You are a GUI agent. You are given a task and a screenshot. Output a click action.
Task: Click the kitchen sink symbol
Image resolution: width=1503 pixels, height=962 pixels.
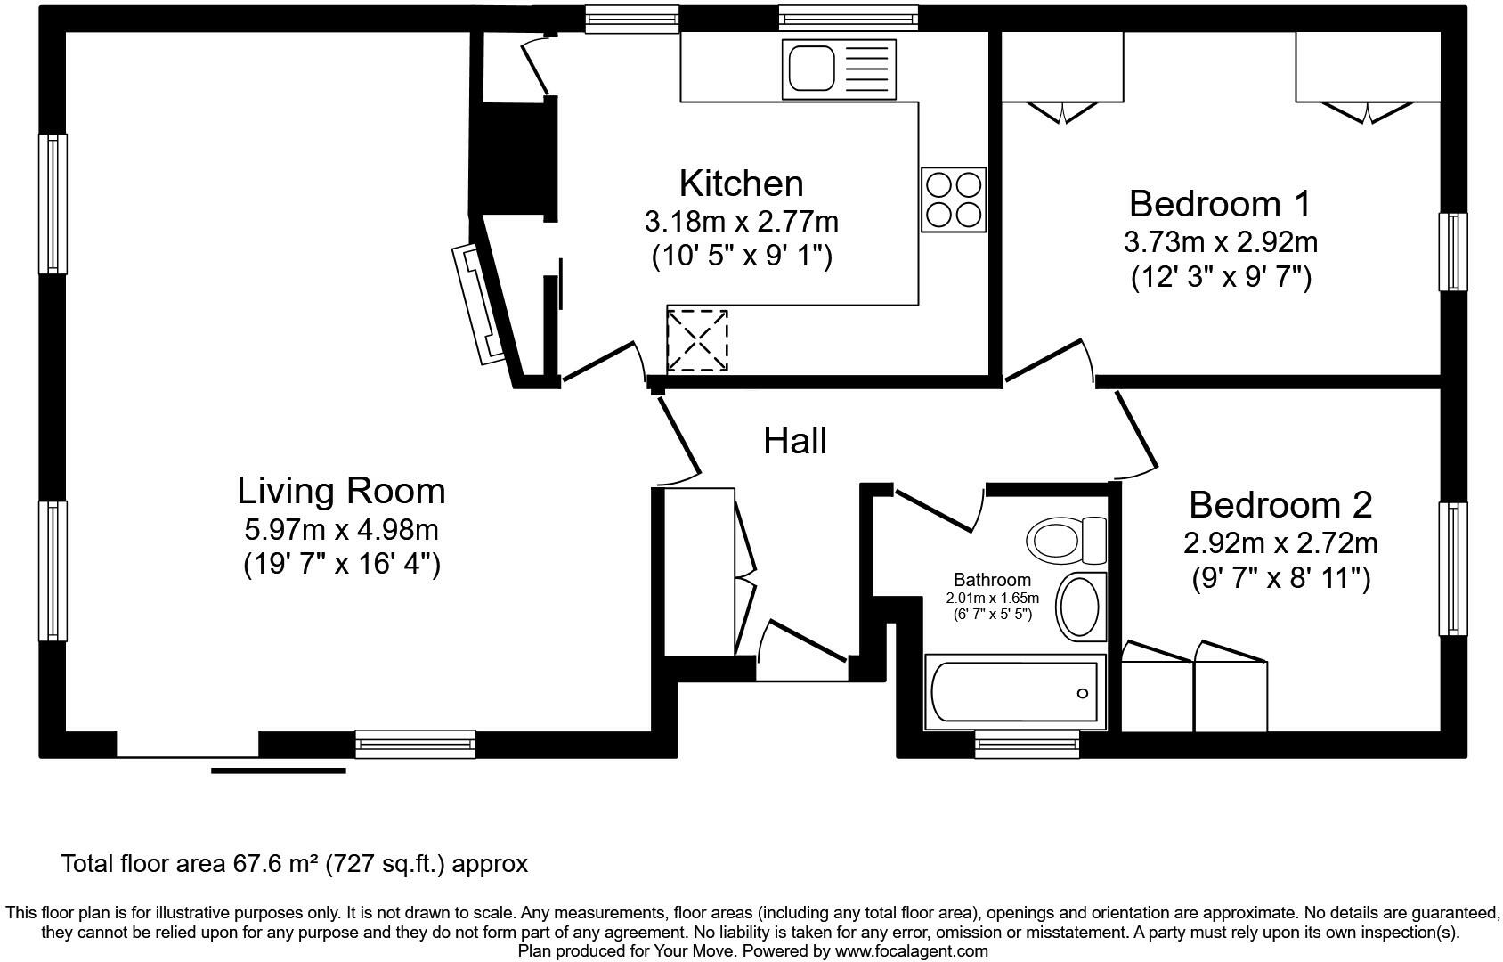pos(841,69)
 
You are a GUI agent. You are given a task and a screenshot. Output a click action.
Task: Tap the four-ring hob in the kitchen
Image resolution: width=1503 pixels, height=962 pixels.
pos(954,200)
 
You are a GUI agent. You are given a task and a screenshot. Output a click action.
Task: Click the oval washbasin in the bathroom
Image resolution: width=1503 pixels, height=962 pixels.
pos(1080,607)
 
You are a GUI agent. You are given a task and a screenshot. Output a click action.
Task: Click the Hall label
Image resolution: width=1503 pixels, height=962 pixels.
pos(795,441)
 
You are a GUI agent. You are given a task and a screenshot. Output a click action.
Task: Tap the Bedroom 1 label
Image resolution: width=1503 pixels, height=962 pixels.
pos(1220,204)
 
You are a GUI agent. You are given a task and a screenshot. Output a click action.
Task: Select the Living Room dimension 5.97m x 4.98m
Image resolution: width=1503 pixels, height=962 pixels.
pos(341,530)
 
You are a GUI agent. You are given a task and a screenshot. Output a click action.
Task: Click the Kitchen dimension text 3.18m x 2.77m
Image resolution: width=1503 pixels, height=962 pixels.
pos(741,220)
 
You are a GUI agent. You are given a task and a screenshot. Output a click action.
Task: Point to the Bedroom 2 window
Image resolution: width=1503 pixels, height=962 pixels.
pos(1452,568)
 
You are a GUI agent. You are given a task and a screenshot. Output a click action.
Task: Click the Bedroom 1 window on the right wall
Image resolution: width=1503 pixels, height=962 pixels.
pos(1452,251)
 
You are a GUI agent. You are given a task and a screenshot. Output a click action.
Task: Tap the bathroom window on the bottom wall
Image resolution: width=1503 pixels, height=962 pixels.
pos(1027,744)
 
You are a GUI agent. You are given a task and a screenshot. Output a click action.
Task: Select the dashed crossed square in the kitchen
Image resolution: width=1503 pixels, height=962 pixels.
pos(697,340)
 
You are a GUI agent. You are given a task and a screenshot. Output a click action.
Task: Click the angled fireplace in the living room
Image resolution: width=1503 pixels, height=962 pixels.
pos(481,303)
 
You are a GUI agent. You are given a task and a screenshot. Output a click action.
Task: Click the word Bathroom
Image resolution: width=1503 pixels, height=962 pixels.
pos(992,580)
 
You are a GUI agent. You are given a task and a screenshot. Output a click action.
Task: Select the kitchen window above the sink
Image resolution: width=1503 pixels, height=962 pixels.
pos(847,17)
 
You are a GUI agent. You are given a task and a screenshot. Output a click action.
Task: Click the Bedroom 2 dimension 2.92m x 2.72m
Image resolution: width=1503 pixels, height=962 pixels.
pos(1280,542)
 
